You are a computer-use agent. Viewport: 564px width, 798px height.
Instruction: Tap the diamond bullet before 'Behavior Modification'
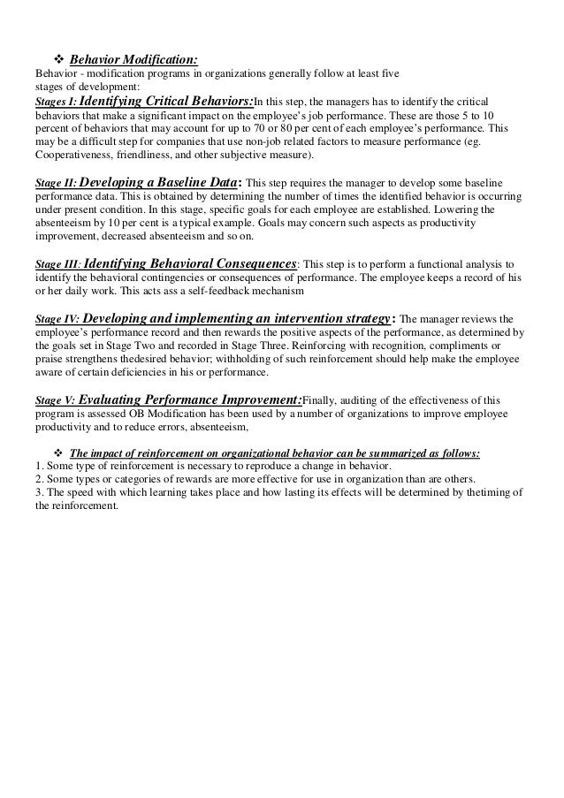point(57,58)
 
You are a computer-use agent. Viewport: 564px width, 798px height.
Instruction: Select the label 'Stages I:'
point(57,102)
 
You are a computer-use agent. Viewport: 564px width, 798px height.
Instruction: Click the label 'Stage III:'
point(58,264)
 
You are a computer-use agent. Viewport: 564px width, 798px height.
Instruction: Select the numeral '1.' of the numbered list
point(38,467)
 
